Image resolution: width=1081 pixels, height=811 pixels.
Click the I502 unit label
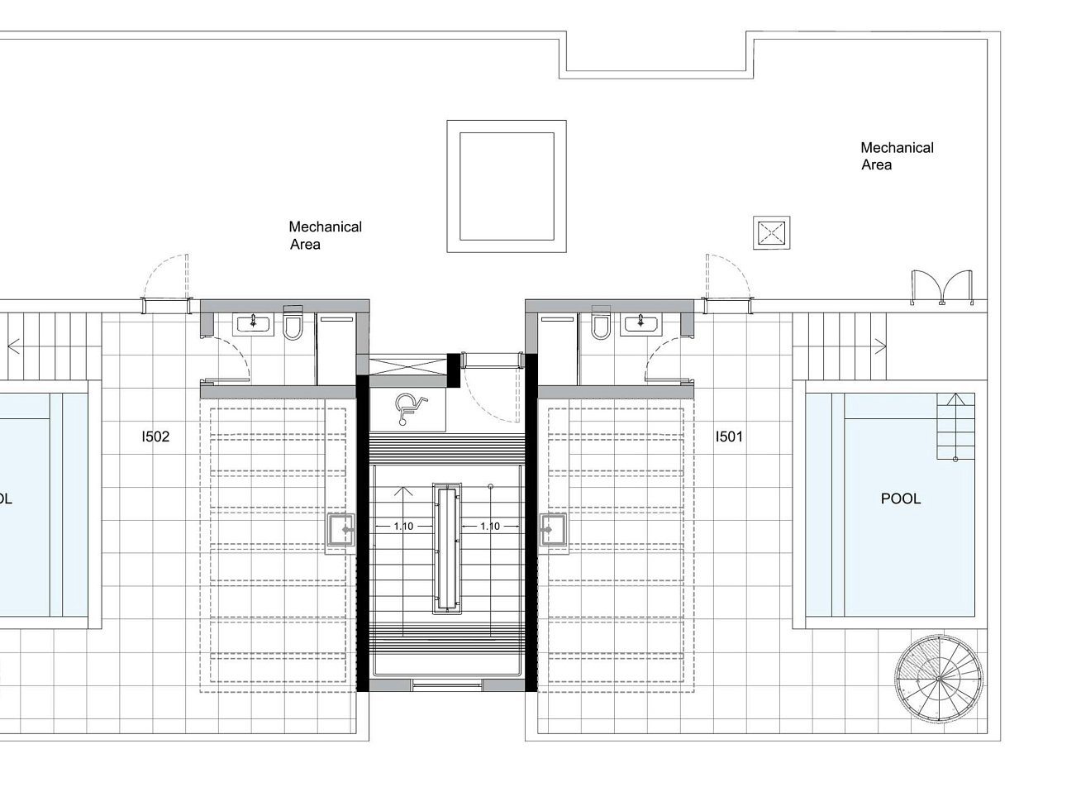(x=155, y=437)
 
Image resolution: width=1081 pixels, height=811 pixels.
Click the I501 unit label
(x=729, y=437)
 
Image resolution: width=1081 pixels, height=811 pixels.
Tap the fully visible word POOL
(x=901, y=499)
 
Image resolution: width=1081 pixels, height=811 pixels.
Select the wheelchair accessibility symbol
(x=411, y=408)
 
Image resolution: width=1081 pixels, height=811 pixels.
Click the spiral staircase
(x=939, y=680)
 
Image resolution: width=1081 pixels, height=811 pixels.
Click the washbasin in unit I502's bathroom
(x=253, y=324)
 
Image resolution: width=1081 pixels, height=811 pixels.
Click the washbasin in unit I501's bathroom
(x=641, y=324)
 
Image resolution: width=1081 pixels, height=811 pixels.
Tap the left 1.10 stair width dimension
(x=403, y=527)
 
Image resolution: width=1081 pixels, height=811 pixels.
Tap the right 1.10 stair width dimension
(x=490, y=527)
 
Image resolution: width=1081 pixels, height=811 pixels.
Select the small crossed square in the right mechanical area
(x=771, y=233)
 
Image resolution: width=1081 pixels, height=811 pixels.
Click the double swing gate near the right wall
(x=942, y=288)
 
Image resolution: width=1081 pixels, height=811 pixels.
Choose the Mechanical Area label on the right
(x=897, y=156)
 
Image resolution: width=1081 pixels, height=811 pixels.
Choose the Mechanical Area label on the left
(x=325, y=236)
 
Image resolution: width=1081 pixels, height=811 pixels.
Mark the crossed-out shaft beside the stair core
(x=407, y=365)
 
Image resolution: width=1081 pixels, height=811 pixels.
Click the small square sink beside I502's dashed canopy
(x=340, y=530)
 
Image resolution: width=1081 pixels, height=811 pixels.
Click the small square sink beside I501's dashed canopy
(x=553, y=530)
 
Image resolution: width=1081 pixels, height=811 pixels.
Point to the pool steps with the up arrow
(x=955, y=427)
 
